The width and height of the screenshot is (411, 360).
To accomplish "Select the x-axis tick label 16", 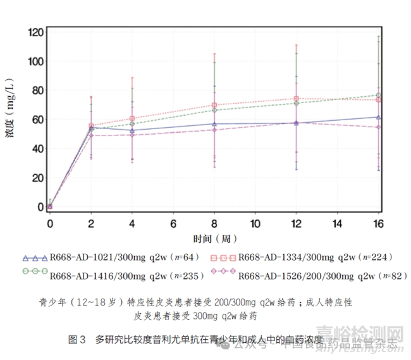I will [378, 223].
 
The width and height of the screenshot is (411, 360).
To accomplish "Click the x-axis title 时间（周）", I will [214, 239].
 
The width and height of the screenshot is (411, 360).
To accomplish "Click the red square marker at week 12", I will [296, 99].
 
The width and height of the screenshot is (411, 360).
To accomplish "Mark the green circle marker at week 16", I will [378, 96].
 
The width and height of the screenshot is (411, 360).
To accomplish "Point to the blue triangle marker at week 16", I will [378, 117].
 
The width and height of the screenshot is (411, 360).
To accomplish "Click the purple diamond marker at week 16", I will [378, 127].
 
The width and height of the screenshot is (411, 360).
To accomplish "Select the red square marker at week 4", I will [132, 118].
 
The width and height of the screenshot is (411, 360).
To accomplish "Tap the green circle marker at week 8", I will [214, 110].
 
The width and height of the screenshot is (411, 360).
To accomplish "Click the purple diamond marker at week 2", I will [91, 135].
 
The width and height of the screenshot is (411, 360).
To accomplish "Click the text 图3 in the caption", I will [77, 340].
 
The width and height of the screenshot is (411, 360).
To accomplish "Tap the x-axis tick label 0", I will [50, 223].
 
